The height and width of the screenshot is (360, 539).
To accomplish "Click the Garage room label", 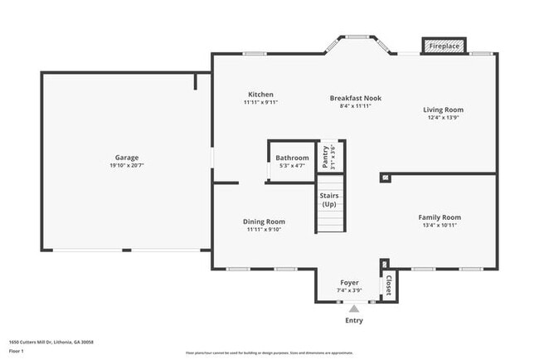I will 126,158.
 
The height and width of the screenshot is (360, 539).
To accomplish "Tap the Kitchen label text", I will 260,95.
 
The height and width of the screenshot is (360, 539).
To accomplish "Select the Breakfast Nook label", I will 355,97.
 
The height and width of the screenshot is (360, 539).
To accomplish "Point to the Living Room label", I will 443,109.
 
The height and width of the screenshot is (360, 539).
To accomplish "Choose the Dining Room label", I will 264,221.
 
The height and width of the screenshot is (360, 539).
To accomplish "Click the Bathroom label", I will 292,158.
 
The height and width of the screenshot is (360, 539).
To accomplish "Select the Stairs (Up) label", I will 329,200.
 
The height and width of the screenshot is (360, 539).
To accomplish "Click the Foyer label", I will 349,283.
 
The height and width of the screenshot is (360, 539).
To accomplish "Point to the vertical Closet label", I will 386,285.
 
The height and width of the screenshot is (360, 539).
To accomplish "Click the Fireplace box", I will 444,46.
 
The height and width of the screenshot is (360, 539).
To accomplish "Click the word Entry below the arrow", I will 353,319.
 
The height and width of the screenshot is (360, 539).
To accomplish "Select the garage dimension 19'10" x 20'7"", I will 126,166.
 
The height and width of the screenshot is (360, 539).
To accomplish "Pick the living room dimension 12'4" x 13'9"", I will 443,118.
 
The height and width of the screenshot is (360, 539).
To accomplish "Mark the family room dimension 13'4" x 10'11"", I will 439,226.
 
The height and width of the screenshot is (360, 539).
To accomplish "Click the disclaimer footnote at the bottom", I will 269,353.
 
